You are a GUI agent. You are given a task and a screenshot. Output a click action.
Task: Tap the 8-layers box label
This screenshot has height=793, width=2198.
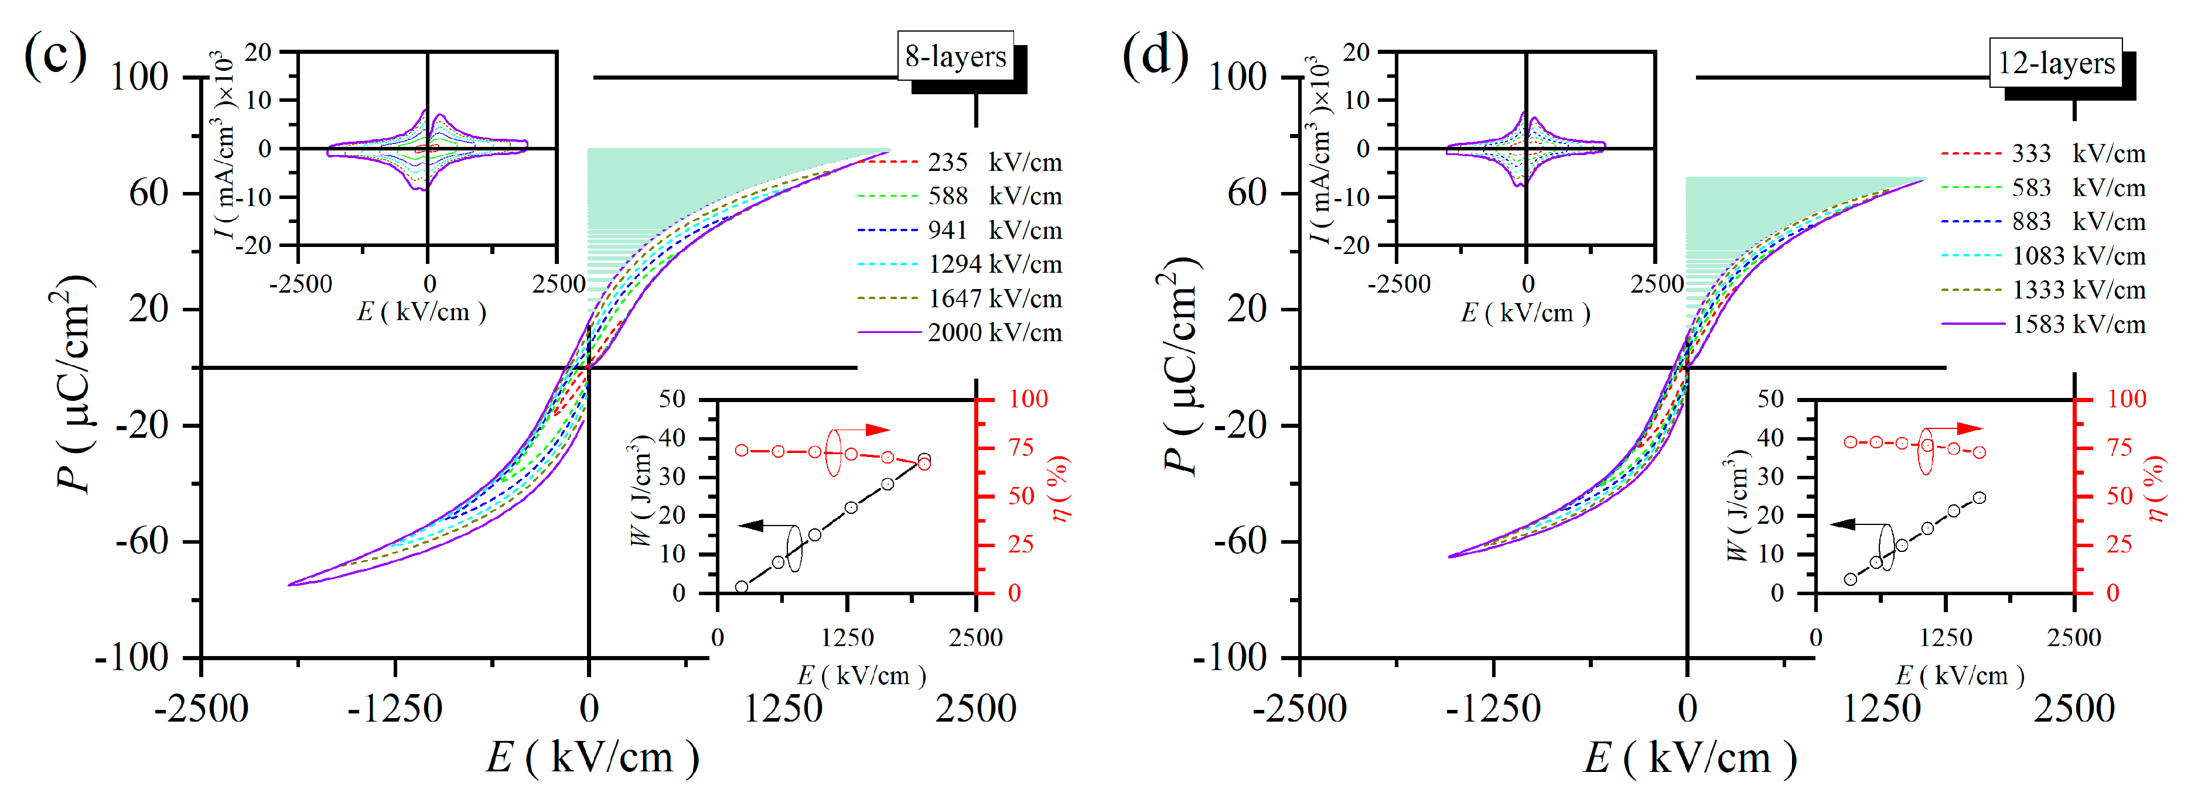pyautogui.click(x=955, y=56)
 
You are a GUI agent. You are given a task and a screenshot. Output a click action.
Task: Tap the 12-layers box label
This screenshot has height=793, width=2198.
pyautogui.click(x=2056, y=63)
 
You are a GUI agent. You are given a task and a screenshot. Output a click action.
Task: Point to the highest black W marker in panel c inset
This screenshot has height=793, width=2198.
pyautogui.click(x=924, y=459)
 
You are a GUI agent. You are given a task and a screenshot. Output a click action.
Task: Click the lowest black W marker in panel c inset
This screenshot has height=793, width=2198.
pyautogui.click(x=742, y=586)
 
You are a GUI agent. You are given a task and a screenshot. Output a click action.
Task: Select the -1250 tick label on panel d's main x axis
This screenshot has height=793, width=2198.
pyautogui.click(x=1493, y=709)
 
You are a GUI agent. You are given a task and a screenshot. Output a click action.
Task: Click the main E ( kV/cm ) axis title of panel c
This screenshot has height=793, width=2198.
pyautogui.click(x=592, y=756)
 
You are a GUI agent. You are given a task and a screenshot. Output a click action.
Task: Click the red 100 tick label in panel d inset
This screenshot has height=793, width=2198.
pyautogui.click(x=2127, y=399)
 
